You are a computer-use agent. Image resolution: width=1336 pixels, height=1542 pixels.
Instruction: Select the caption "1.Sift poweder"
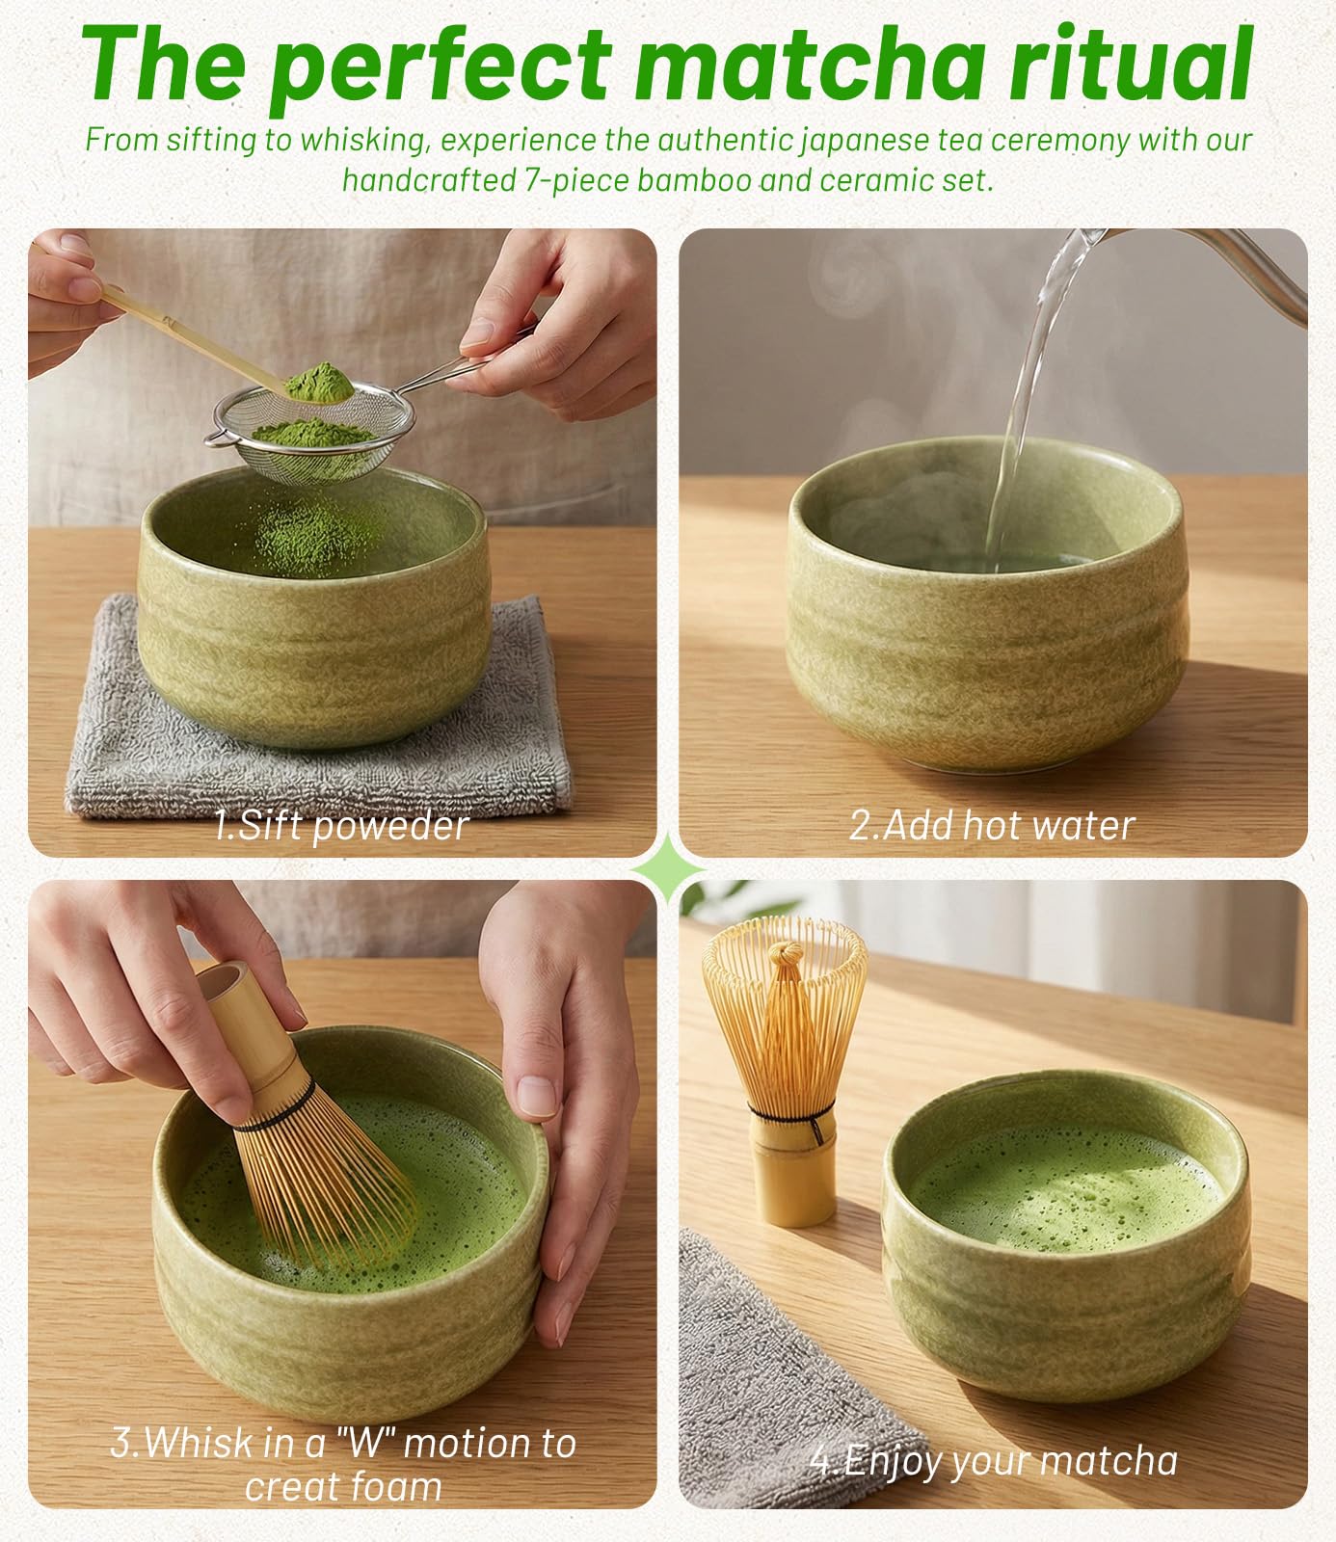pos(341,826)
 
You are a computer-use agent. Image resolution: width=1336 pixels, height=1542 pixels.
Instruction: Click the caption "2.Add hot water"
pos(992,825)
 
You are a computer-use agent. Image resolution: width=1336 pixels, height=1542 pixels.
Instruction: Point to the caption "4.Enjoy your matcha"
pos(994,1461)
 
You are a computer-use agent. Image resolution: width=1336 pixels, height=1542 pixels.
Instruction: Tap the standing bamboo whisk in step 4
pos(785,1070)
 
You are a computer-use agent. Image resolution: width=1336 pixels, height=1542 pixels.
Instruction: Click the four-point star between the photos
pos(668,868)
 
